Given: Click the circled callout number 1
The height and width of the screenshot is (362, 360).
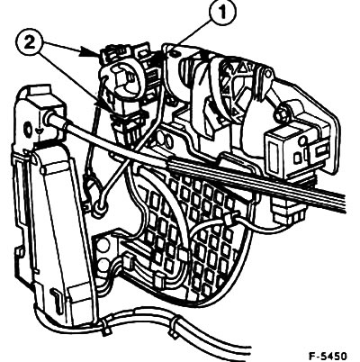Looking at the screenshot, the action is pyautogui.click(x=222, y=14).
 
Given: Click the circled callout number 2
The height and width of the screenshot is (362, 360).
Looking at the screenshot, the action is pyautogui.click(x=30, y=42).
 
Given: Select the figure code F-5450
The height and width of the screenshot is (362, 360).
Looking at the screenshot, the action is pyautogui.click(x=328, y=356).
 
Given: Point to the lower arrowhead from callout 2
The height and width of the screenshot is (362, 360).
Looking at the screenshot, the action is pyautogui.click(x=103, y=105).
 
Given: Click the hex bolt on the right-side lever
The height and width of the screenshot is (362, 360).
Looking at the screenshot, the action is pyautogui.click(x=281, y=112).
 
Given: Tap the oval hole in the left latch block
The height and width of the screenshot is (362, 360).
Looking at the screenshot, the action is pyautogui.click(x=29, y=129).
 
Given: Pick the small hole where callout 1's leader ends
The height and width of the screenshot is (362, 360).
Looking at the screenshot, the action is pyautogui.click(x=175, y=53).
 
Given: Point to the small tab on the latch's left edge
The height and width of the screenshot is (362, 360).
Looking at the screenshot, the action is pyautogui.click(x=20, y=251).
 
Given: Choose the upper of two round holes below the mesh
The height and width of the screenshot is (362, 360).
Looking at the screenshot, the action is pyautogui.click(x=103, y=247).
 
